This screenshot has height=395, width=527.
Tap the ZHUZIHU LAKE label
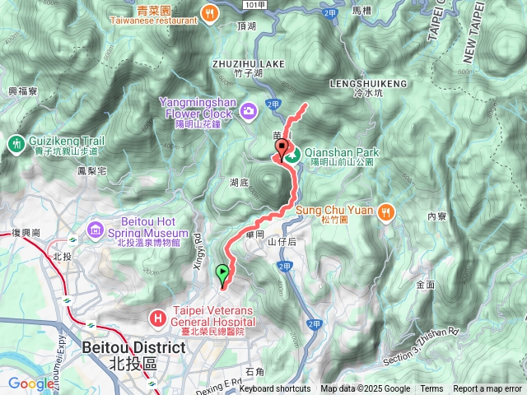[x=247, y=63]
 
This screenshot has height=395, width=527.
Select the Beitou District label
[x=133, y=348]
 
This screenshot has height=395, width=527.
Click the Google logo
[x=31, y=383]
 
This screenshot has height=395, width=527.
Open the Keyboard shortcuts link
[x=275, y=389]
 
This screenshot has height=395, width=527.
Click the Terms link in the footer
[x=431, y=389]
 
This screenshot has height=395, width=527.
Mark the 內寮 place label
[x=436, y=217]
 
